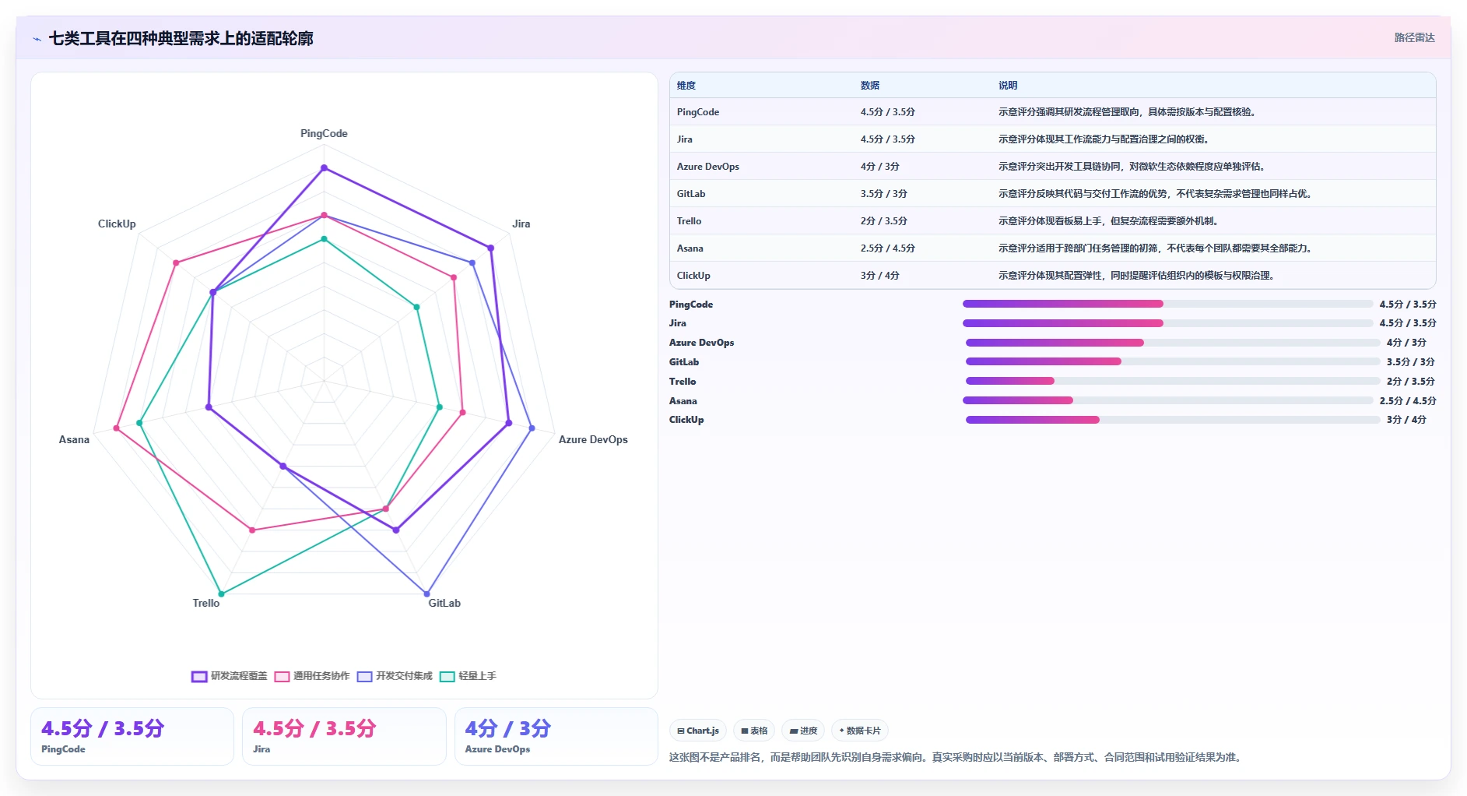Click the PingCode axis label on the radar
pos(324,134)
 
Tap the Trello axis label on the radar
pos(206,603)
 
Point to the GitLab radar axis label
pos(444,603)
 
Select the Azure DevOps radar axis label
pos(593,439)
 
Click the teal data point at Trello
pos(222,593)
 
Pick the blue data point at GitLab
pos(426,593)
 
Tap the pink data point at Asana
pos(117,428)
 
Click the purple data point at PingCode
pos(325,167)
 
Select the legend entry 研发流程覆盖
pos(229,676)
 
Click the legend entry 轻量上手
pos(468,676)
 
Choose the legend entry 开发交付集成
pos(395,676)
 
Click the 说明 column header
pos(1008,86)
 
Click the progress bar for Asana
pos(1167,400)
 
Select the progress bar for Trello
pos(1173,381)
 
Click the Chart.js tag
pos(698,731)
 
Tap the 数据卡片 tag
pos(860,731)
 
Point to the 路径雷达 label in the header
pos(1414,37)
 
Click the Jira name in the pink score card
pos(261,749)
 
